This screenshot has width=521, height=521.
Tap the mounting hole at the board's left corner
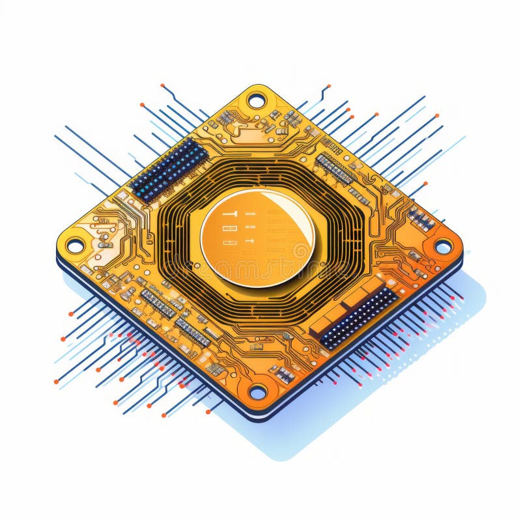(x=75, y=246)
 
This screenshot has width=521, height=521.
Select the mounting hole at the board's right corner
(x=443, y=247)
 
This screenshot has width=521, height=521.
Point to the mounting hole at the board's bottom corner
(x=258, y=392)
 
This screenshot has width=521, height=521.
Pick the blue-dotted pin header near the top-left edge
(x=169, y=169)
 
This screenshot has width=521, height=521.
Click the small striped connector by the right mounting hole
(x=421, y=219)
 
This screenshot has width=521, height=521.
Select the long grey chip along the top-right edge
(x=335, y=168)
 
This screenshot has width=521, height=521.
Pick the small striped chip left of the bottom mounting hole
(x=216, y=369)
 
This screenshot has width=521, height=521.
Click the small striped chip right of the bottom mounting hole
(x=285, y=374)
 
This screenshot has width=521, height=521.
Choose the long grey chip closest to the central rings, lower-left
(x=192, y=331)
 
